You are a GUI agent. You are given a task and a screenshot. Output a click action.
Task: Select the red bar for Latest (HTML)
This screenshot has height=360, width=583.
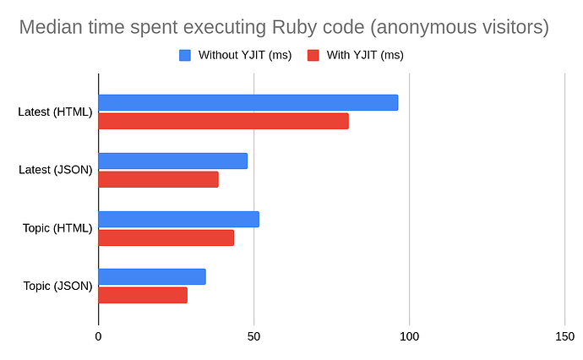[223, 121]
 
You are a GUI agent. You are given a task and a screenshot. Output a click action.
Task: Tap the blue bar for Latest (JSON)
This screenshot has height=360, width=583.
[172, 161]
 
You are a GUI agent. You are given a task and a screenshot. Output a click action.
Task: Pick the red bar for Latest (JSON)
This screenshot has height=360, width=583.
[158, 179]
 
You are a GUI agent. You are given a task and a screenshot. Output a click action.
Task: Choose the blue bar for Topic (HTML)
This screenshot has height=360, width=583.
[178, 219]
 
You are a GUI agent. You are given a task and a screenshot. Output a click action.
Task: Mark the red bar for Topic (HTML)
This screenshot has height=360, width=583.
[166, 237]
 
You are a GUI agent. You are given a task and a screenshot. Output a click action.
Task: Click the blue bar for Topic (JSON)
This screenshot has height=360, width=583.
[152, 276]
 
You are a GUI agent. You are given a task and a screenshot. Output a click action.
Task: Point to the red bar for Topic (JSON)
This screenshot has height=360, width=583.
[143, 295]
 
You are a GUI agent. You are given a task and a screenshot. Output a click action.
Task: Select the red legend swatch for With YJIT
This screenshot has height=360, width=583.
[313, 56]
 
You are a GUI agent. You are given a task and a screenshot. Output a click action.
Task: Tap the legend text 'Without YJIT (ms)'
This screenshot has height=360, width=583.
[244, 56]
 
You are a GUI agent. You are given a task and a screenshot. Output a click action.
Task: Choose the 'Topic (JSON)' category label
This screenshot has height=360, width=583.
[57, 286]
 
